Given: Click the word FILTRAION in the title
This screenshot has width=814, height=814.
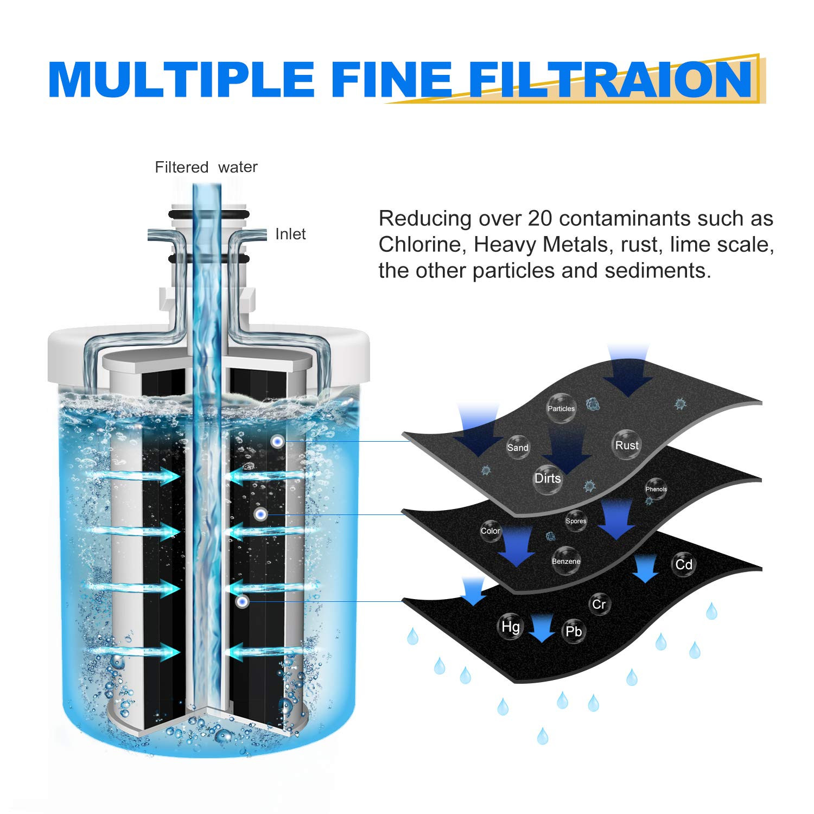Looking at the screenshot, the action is point(610,79).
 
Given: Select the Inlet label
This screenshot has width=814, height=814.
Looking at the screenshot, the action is point(290,234).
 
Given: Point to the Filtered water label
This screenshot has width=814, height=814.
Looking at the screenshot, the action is point(206,167).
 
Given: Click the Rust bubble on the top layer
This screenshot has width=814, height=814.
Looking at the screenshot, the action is point(627,445).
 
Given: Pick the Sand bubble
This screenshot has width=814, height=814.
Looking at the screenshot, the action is point(517,448).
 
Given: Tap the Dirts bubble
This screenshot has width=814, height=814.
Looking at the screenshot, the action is point(548,479).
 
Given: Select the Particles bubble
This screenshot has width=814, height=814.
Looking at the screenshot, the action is point(561,408).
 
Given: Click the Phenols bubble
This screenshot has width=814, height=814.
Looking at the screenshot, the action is point(656,489).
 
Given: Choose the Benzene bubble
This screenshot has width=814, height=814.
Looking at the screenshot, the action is point(566,561).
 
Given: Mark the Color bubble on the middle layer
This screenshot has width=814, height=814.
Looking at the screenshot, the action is point(490,531).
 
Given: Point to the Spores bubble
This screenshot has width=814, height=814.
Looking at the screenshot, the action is point(576,521).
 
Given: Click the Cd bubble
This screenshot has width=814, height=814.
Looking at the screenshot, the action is point(684,564).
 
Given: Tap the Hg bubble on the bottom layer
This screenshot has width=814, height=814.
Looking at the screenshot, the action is point(510,627).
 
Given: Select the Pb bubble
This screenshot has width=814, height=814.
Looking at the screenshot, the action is point(574,631).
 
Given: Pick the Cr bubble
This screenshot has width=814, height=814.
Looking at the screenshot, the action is point(599,604).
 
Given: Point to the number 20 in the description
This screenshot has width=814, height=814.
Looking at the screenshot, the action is point(540,219).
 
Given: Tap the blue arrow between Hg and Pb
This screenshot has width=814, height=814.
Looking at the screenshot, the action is point(542,628).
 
